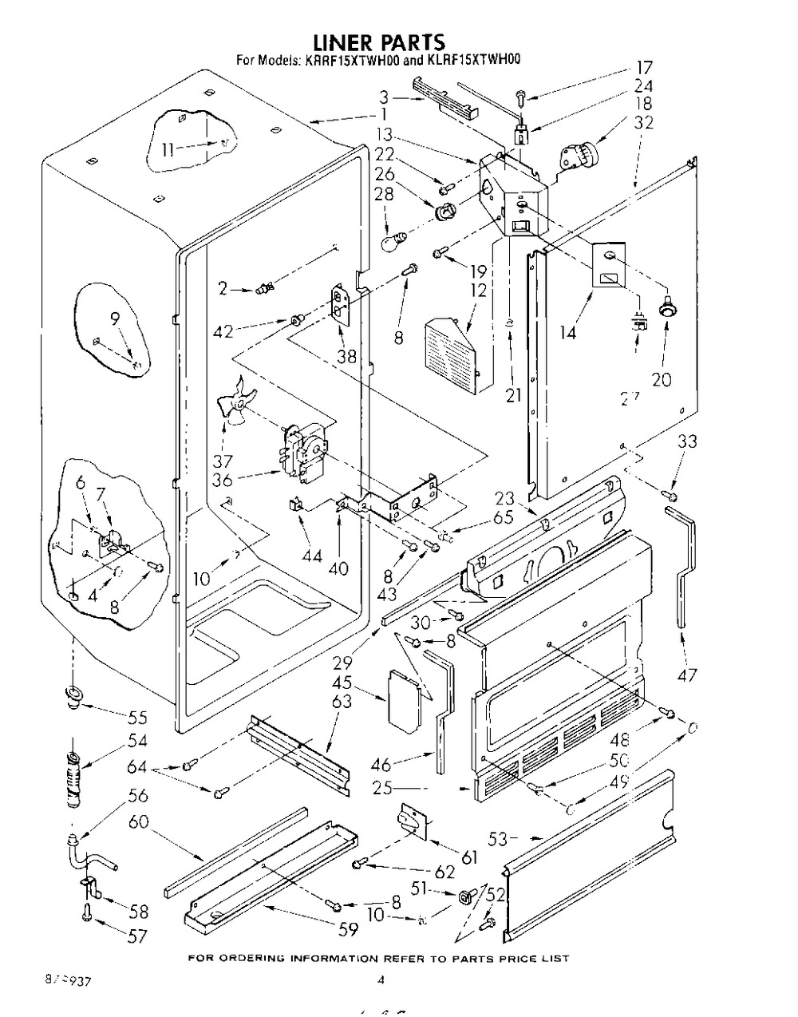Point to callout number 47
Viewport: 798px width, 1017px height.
point(685,675)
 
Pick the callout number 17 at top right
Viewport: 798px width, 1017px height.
point(644,68)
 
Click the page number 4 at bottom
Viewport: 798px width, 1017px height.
point(381,980)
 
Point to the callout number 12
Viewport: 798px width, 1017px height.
point(477,291)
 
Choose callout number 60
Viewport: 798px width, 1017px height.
point(138,821)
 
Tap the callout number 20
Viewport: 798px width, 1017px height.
point(662,379)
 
